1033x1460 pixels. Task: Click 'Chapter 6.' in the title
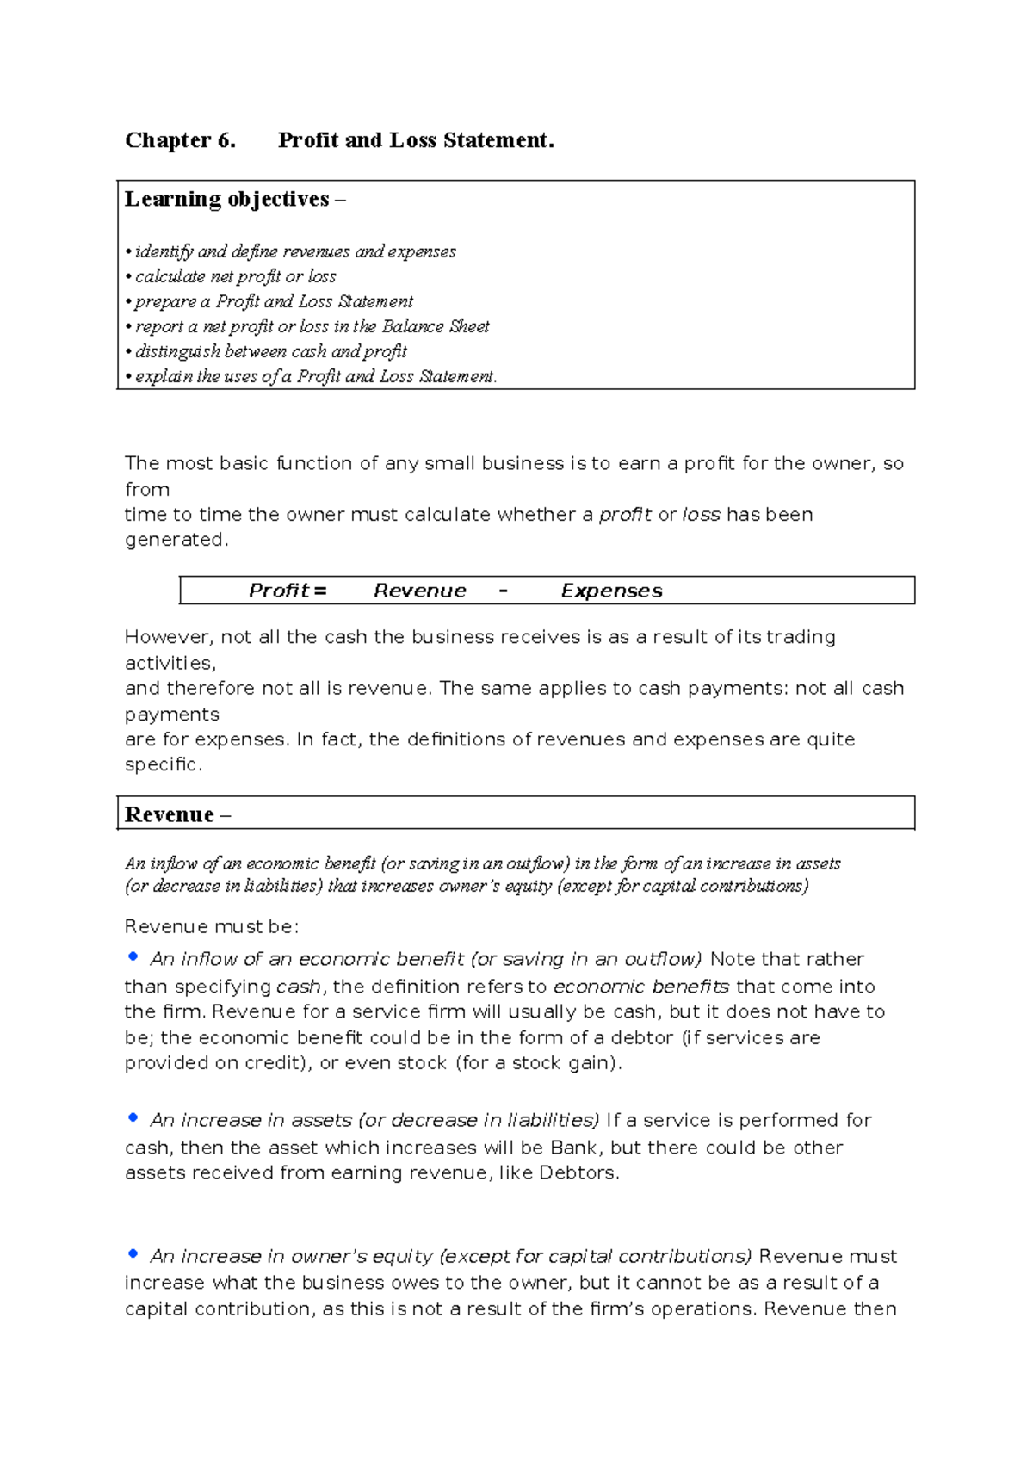(x=180, y=140)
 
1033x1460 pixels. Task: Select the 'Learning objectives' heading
(x=227, y=200)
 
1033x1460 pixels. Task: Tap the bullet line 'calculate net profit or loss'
(x=235, y=276)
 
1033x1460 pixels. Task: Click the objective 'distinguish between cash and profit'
(x=270, y=351)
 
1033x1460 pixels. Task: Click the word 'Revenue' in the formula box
(x=419, y=591)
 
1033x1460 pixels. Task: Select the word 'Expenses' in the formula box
(x=611, y=591)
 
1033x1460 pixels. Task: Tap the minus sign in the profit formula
(x=504, y=591)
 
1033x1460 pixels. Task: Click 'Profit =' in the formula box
(x=288, y=591)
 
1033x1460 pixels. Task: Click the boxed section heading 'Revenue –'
(x=177, y=814)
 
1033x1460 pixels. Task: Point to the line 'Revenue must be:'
(x=212, y=927)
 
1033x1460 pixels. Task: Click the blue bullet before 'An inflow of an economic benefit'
(x=133, y=956)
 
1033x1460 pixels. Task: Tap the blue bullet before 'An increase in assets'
(x=133, y=1117)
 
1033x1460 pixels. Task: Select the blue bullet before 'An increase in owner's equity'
(x=133, y=1253)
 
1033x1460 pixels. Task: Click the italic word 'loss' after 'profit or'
(x=701, y=515)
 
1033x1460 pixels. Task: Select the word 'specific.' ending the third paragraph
(x=164, y=764)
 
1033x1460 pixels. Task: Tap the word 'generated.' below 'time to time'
(x=176, y=540)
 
